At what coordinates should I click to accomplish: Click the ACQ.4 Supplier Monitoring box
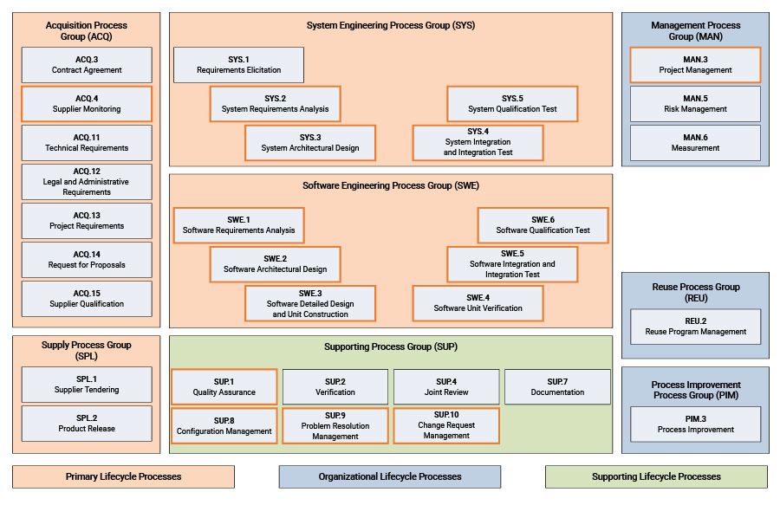click(87, 104)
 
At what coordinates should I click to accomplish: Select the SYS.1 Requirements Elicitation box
click(238, 65)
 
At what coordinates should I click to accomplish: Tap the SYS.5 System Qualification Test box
click(512, 104)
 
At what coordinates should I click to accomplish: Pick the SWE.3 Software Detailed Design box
click(310, 303)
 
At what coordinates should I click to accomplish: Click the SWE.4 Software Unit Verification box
click(478, 303)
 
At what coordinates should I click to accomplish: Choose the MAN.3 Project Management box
click(695, 65)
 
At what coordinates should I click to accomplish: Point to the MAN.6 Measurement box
click(695, 143)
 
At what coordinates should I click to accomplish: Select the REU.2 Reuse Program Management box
click(695, 327)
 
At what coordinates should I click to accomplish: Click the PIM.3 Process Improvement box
click(695, 424)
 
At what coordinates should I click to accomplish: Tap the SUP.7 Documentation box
click(557, 387)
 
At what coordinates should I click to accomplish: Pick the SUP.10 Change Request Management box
click(446, 425)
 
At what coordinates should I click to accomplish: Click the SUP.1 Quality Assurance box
click(224, 387)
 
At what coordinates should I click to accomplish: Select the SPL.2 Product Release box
click(87, 424)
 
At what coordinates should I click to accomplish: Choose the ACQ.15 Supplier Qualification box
click(87, 299)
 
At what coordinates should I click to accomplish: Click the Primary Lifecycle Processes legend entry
click(123, 476)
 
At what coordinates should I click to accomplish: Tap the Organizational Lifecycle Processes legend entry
click(389, 476)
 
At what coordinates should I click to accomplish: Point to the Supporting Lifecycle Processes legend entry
click(656, 476)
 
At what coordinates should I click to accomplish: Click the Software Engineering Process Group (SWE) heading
click(390, 185)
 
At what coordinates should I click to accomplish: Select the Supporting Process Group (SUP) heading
click(390, 346)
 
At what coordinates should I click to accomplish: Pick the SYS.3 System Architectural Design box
click(310, 143)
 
